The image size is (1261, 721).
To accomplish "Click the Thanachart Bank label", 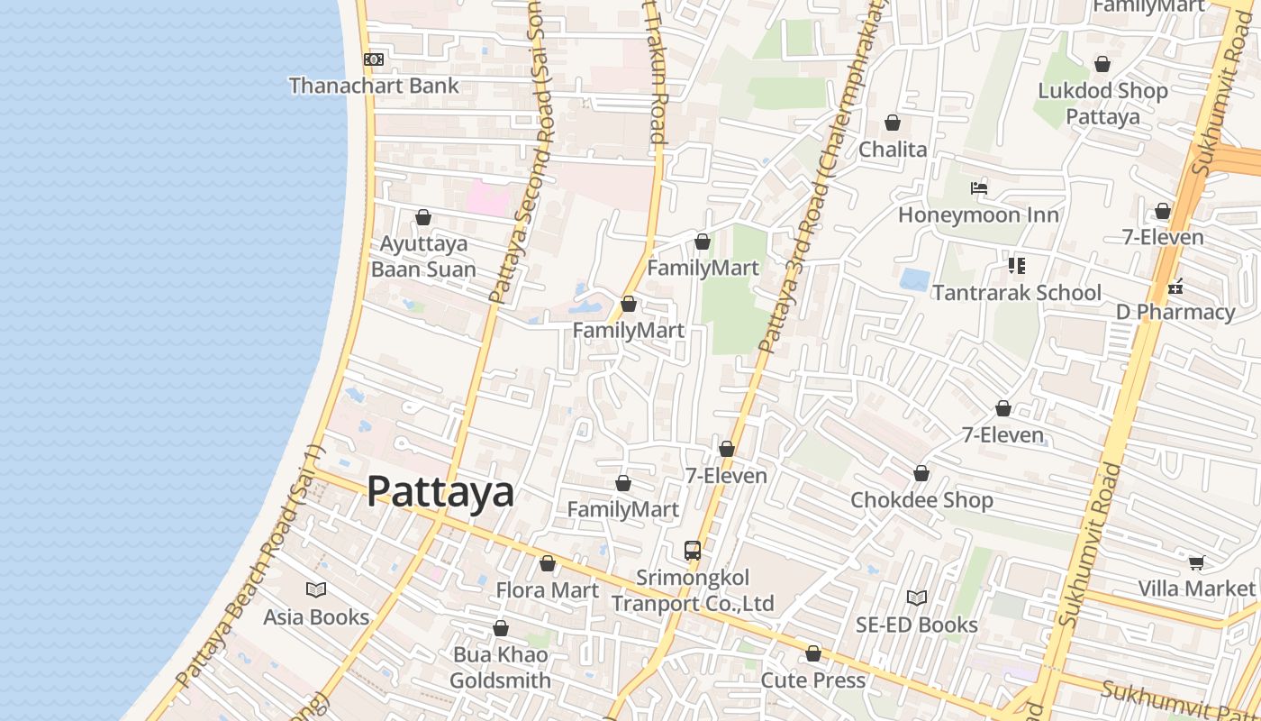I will [x=374, y=86].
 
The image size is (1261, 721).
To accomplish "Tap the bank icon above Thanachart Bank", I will [x=373, y=59].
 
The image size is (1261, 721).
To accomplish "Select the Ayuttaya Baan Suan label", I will [x=423, y=257].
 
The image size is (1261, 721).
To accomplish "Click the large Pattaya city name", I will [x=440, y=492].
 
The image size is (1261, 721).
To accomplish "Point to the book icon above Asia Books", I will [x=316, y=589].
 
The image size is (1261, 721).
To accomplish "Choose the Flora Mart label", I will [x=547, y=590].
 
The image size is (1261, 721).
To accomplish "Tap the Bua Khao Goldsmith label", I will [x=500, y=668].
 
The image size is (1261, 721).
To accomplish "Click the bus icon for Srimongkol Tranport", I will [x=692, y=550].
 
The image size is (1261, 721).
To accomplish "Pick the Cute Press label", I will [x=812, y=680].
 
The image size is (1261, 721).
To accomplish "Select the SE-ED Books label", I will [x=916, y=625].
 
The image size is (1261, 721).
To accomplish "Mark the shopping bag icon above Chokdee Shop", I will [x=921, y=473].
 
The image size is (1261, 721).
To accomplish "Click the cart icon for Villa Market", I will [x=1196, y=562].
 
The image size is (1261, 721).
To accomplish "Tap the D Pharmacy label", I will [x=1175, y=312].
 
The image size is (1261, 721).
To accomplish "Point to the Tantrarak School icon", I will [x=1016, y=266].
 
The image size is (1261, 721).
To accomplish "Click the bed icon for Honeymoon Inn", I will [x=979, y=188].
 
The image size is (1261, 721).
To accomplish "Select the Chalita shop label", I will [x=893, y=149].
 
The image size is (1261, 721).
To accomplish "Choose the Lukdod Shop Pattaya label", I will [x=1102, y=104].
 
